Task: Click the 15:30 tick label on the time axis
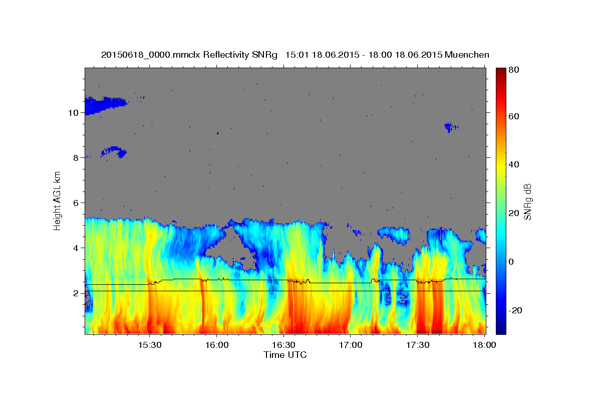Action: pyautogui.click(x=150, y=345)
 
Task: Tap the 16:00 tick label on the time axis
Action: pyautogui.click(x=217, y=345)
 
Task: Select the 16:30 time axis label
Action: pyautogui.click(x=283, y=345)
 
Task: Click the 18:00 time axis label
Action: pyautogui.click(x=482, y=345)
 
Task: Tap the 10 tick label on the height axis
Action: pyautogui.click(x=73, y=113)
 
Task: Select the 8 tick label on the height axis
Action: pyautogui.click(x=75, y=158)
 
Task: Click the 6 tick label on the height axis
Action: pyautogui.click(x=75, y=203)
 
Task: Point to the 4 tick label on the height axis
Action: pyautogui.click(x=75, y=248)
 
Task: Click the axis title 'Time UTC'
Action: pyautogui.click(x=285, y=355)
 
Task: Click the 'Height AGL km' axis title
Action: pyautogui.click(x=58, y=200)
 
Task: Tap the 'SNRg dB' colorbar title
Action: pyautogui.click(x=527, y=200)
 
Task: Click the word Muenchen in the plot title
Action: pyautogui.click(x=466, y=54)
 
